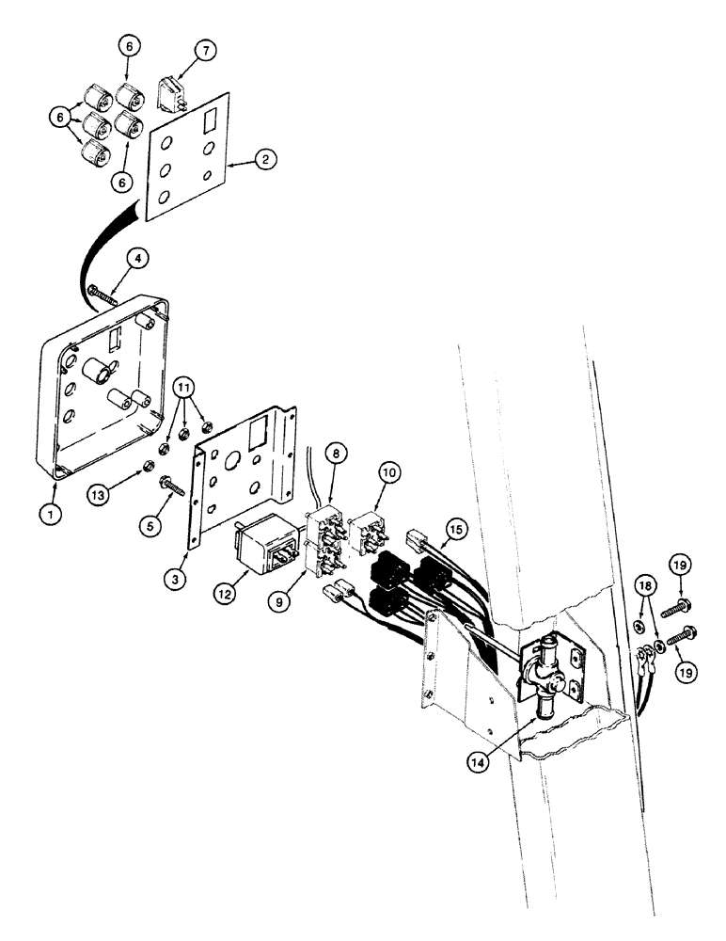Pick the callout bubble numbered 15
[454, 532]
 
